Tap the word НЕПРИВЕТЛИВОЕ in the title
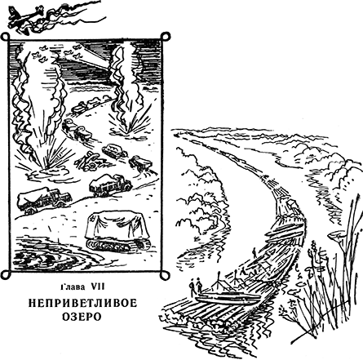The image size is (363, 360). coord(82,304)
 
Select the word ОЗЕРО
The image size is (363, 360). coord(82,317)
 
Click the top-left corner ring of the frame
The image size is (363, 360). coord(5,37)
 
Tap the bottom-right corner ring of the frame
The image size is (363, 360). coord(165,275)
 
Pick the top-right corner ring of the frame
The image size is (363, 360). coord(165,36)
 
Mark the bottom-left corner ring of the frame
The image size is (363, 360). coord(5,275)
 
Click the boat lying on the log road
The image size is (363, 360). coord(228,297)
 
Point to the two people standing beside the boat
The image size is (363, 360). coord(196,287)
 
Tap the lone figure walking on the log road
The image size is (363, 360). coord(255,253)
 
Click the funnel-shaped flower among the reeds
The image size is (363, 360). coord(336,236)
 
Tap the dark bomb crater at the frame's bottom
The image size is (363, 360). coord(41,259)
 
